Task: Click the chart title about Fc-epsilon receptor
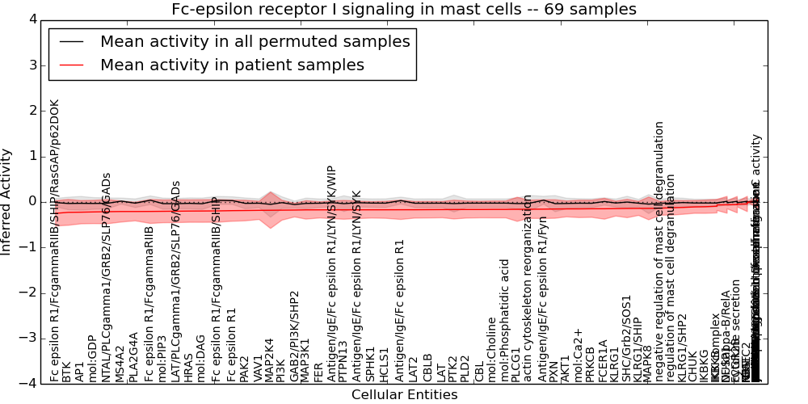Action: pyautogui.click(x=403, y=9)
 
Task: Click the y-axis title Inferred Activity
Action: pyautogui.click(x=6, y=201)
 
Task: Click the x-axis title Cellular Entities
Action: pyautogui.click(x=404, y=395)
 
